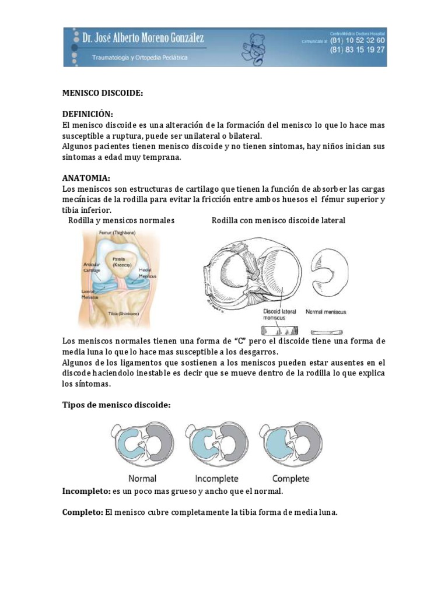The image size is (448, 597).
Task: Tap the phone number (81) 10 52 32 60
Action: [x=358, y=41]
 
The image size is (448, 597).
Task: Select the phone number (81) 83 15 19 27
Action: [x=358, y=50]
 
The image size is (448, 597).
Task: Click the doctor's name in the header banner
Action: [x=143, y=39]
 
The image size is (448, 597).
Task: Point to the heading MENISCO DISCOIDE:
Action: [x=102, y=93]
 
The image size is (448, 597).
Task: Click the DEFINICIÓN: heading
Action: [x=87, y=115]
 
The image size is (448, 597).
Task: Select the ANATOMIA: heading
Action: [x=86, y=178]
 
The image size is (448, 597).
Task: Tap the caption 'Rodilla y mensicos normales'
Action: [x=121, y=220]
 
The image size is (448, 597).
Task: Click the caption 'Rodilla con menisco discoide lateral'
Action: [x=278, y=220]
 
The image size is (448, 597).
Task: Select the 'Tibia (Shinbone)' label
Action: [x=123, y=313]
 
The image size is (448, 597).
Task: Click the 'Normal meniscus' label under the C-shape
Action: [x=326, y=312]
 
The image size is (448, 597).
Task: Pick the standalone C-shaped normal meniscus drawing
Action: [x=328, y=271]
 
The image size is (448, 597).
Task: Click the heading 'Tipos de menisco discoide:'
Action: [x=116, y=405]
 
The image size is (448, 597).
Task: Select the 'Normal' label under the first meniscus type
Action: [x=142, y=479]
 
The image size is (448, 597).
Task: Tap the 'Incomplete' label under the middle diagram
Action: [x=216, y=479]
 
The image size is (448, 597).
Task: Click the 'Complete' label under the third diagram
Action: [x=290, y=479]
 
